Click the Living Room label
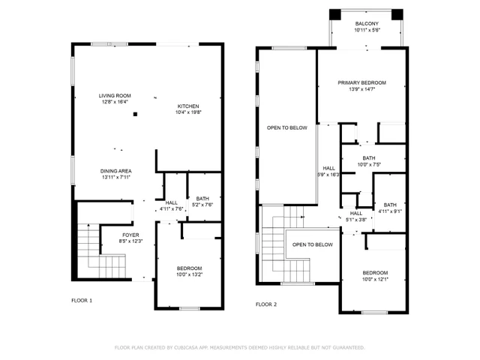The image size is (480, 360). pos(115,95)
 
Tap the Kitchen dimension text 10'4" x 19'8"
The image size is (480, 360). pos(189,112)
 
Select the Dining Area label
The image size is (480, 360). pos(115,171)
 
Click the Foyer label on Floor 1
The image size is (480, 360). pos(130,235)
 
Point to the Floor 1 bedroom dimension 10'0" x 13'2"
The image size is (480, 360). pos(189,274)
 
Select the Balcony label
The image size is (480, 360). pos(367,24)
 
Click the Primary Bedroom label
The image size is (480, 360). pos(361,82)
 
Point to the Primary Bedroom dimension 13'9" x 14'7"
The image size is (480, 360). pos(361,89)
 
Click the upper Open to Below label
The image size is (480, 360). pos(287,128)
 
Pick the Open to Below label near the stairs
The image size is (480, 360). pos(313,244)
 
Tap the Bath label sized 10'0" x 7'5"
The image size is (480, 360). pos(368,157)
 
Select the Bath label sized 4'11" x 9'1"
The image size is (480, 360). pos(390,205)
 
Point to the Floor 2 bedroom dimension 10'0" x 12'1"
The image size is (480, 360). pos(375,279)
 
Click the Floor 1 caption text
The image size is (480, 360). pos(81,300)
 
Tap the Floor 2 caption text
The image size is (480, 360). pos(266,304)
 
